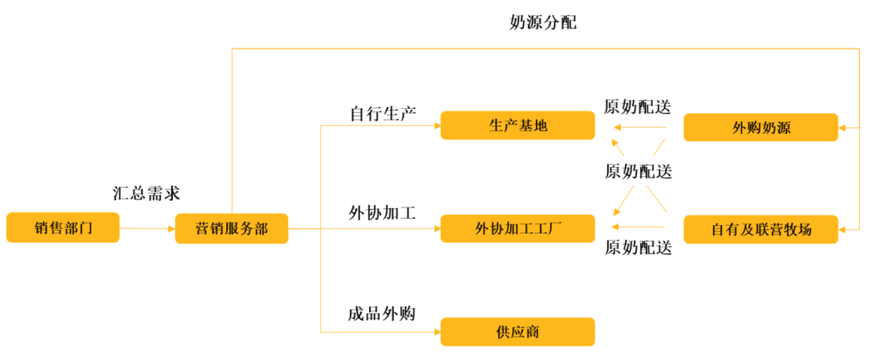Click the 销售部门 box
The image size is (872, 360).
click(63, 228)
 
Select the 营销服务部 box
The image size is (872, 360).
click(232, 228)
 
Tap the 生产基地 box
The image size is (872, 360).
click(518, 126)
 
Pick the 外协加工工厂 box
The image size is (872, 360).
click(518, 228)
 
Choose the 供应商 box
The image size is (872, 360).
click(518, 332)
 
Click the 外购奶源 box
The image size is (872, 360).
click(761, 128)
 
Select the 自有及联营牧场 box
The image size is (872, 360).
click(761, 229)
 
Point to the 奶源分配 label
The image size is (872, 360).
click(543, 23)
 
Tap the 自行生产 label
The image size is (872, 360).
click(384, 113)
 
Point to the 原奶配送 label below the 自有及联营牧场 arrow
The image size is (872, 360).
click(639, 247)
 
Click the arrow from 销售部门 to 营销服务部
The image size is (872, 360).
click(148, 228)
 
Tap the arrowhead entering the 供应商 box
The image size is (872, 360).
click(437, 333)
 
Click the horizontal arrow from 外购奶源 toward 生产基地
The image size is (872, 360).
click(639, 128)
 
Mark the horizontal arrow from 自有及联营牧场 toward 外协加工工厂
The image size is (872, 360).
click(639, 227)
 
